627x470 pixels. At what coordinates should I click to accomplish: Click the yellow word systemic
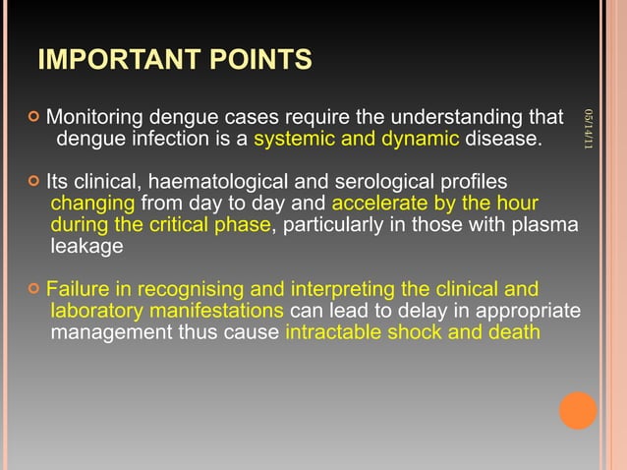pyautogui.click(x=292, y=140)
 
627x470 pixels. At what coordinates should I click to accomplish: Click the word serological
pyautogui.click(x=386, y=183)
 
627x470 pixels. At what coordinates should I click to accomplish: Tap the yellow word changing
pyautogui.click(x=92, y=205)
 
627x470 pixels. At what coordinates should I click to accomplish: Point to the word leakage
pyautogui.click(x=86, y=247)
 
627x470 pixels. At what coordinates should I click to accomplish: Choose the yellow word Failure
pyautogui.click(x=79, y=290)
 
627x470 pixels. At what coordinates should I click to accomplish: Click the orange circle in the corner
pyautogui.click(x=578, y=410)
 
